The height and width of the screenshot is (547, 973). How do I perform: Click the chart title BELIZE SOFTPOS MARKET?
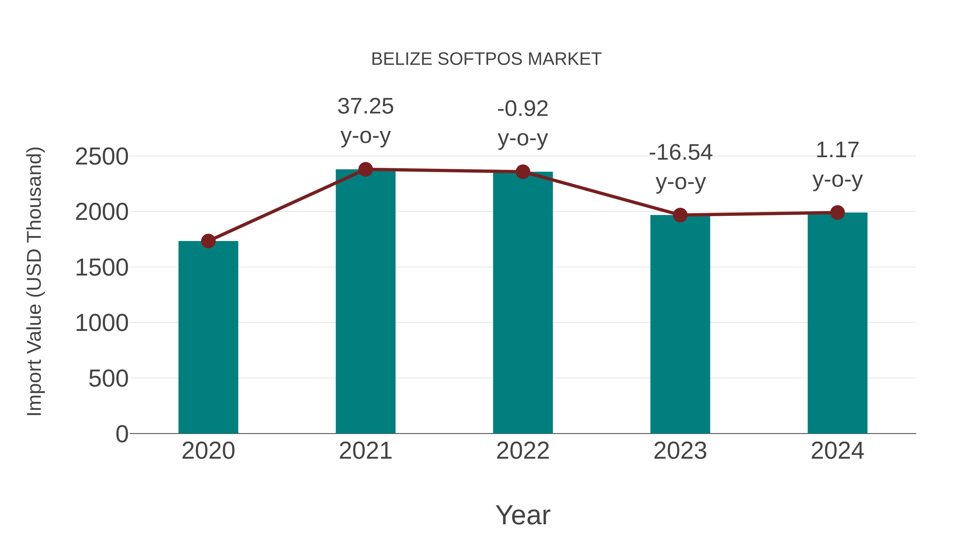point(486,59)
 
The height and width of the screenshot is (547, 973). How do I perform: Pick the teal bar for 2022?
point(523,302)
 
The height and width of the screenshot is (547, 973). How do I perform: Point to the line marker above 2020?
point(208,241)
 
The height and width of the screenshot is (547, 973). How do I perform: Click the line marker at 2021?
point(365,169)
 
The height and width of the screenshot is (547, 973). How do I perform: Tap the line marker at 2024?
point(837,213)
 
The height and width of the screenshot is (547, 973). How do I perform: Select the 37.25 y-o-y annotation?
point(365,121)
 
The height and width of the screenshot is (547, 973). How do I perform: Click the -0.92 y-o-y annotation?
point(523,123)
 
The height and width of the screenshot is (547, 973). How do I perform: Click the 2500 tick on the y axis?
point(102,157)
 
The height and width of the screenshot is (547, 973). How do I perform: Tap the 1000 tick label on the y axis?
point(102,323)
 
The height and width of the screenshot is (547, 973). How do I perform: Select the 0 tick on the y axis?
point(122,434)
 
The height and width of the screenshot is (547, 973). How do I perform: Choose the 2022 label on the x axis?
point(523,451)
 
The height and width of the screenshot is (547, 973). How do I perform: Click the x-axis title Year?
point(523,515)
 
